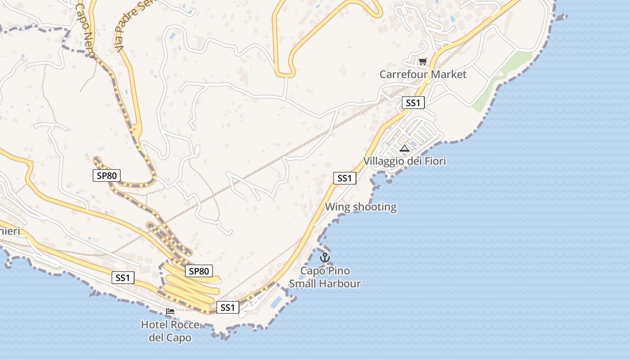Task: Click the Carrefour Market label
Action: [x=423, y=74]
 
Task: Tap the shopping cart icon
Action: [x=423, y=61]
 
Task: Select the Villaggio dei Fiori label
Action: [x=405, y=161]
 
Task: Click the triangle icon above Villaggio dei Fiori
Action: [x=405, y=148]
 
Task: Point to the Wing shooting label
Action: [x=360, y=207]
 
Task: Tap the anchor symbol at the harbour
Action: [x=324, y=257]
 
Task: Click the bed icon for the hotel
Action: [x=170, y=311]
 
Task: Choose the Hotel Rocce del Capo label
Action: [x=170, y=331]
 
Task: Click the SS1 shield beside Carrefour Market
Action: [x=413, y=103]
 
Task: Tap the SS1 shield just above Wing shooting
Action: [x=345, y=178]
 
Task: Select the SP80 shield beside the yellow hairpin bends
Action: [x=198, y=271]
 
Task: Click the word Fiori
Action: [x=432, y=161]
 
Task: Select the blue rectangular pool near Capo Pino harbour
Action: [x=277, y=302]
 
